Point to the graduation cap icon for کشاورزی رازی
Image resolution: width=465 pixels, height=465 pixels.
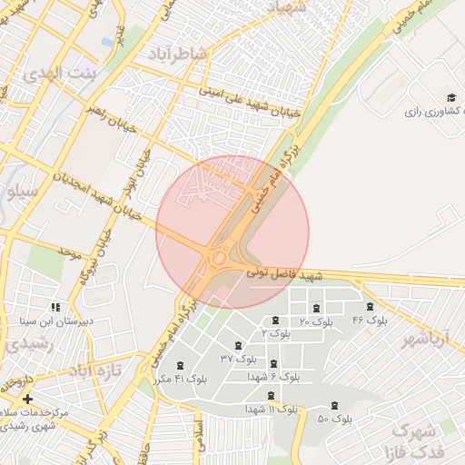pos(451,97)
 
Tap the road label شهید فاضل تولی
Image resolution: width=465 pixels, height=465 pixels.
pos(286,274)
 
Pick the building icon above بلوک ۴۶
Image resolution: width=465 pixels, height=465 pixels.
pos(370,307)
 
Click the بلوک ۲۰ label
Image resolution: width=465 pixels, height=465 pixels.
pos(316,322)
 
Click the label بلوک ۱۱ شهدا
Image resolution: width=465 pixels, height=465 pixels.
pos(271,410)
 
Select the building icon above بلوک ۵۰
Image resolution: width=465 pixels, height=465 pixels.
pos(335,405)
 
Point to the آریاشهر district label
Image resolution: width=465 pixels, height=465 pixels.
pos(425,339)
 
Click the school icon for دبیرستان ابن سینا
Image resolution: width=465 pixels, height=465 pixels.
pos(55,307)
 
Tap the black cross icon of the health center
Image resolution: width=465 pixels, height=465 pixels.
pos(27,399)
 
